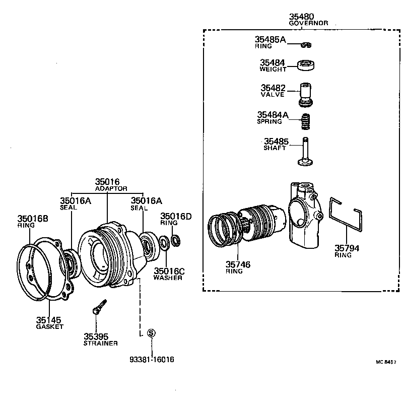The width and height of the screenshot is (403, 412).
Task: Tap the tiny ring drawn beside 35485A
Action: click(306, 45)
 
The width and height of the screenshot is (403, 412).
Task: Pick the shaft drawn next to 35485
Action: click(305, 153)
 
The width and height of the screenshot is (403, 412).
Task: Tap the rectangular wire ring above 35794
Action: click(347, 214)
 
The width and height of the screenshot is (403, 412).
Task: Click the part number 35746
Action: click(238, 264)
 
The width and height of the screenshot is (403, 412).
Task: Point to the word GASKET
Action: click(49, 326)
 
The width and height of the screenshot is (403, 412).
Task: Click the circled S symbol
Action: click(152, 333)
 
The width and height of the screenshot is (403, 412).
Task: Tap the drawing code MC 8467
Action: click(385, 362)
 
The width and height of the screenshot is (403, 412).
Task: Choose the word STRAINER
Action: click(100, 343)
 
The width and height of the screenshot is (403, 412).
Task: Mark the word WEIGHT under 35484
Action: click(273, 69)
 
